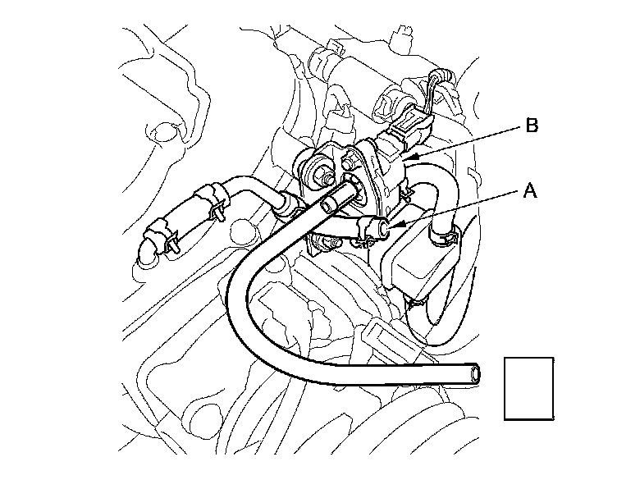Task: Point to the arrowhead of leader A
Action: (x=393, y=226)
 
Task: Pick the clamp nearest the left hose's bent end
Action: (x=162, y=236)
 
